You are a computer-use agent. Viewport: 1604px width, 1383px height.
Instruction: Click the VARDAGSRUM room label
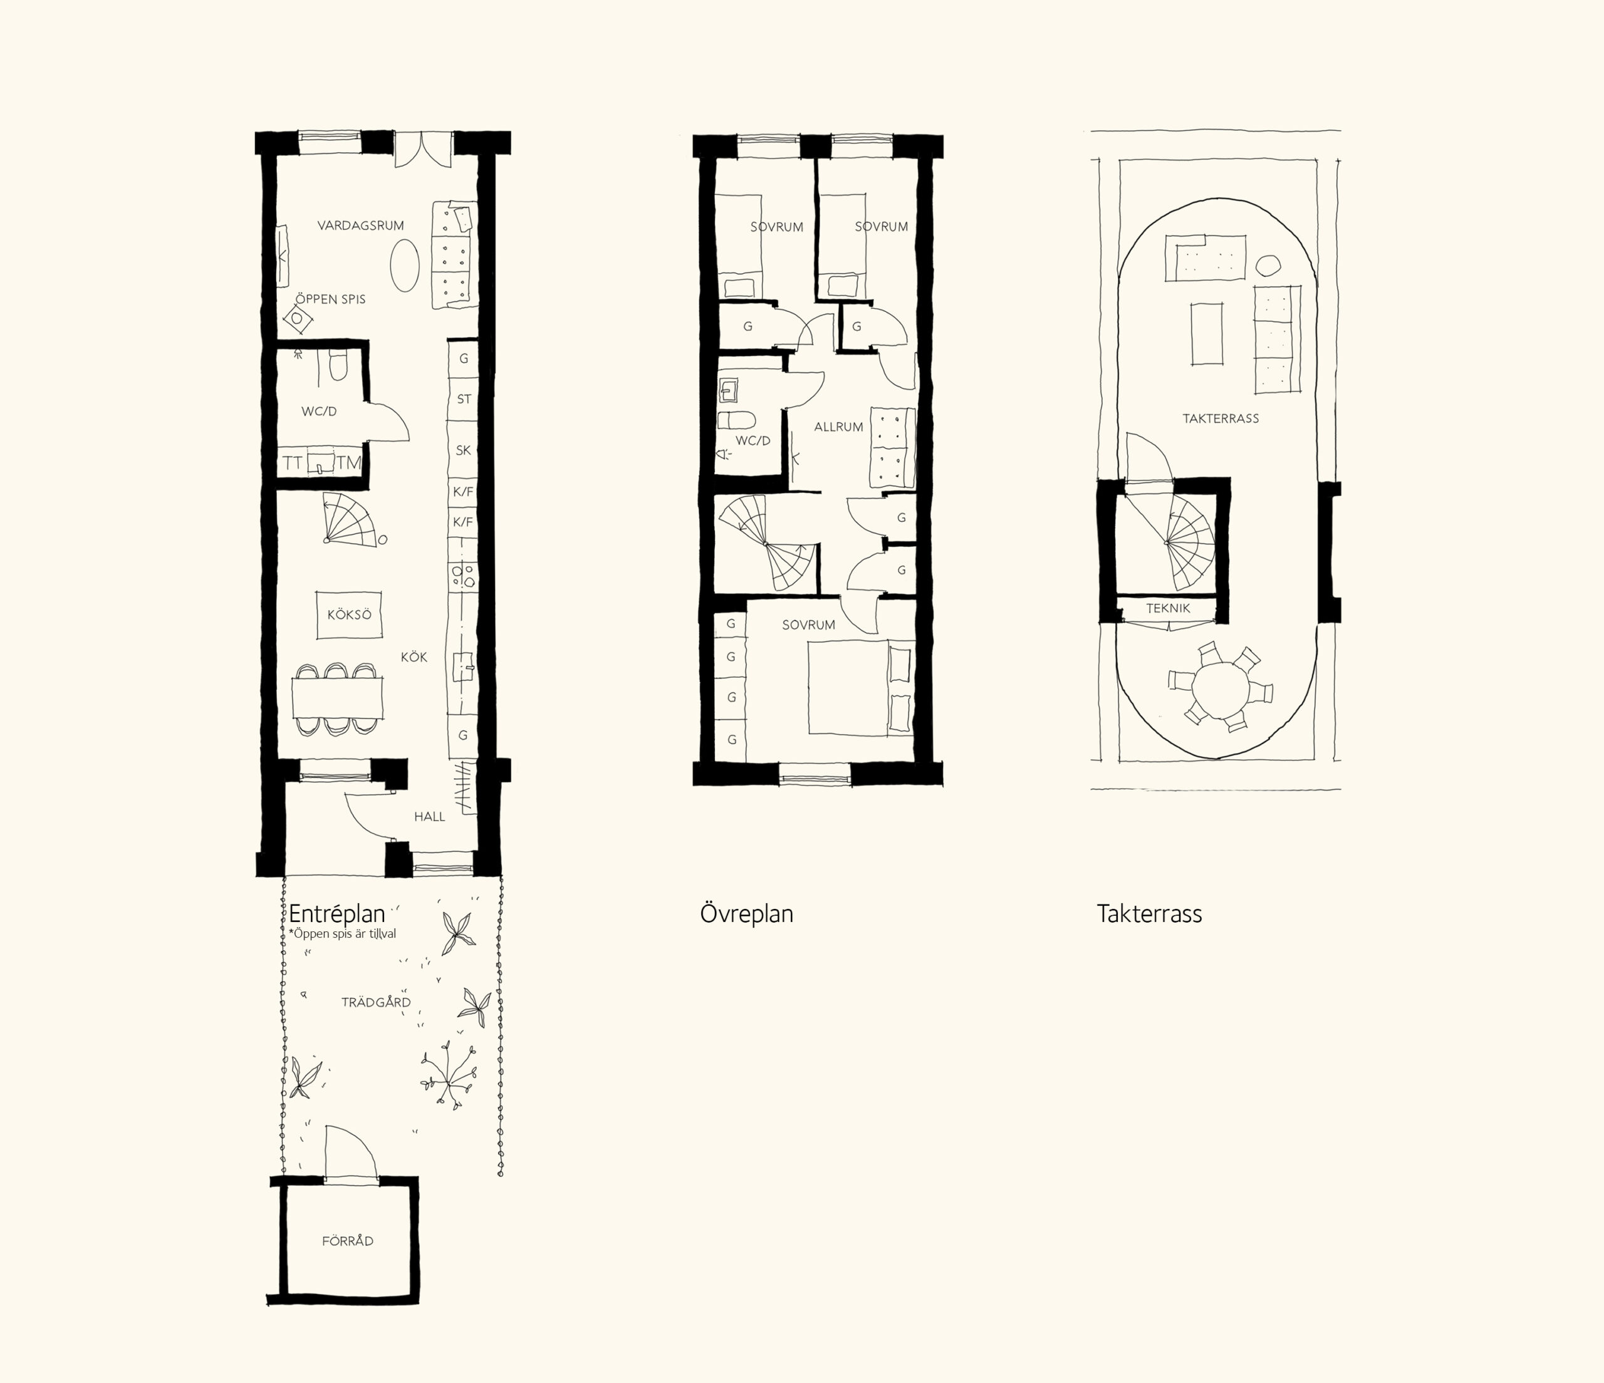pyautogui.click(x=361, y=226)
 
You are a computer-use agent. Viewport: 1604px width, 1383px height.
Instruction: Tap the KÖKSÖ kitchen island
pyautogui.click(x=349, y=615)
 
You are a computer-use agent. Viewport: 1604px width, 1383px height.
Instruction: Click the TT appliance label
pyautogui.click(x=292, y=464)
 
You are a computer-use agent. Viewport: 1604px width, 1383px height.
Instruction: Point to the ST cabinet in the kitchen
pyautogui.click(x=464, y=400)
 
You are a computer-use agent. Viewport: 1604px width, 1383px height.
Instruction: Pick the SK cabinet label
pyautogui.click(x=463, y=450)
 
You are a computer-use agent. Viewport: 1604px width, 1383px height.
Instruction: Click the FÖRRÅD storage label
pyautogui.click(x=348, y=1241)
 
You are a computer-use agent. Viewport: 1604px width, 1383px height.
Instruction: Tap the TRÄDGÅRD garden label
pyautogui.click(x=376, y=1002)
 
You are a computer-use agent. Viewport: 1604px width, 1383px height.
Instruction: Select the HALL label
pyautogui.click(x=430, y=817)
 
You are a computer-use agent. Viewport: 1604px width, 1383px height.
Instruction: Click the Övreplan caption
pyautogui.click(x=746, y=913)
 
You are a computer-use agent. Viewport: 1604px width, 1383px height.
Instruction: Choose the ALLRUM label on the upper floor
pyautogui.click(x=838, y=427)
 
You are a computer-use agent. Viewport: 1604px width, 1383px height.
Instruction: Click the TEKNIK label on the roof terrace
pyautogui.click(x=1168, y=608)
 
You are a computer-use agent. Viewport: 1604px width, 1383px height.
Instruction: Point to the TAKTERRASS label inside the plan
pyautogui.click(x=1221, y=418)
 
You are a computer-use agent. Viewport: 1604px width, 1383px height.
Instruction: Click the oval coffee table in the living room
pyautogui.click(x=404, y=265)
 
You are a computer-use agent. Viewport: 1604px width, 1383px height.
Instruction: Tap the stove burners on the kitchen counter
pyautogui.click(x=463, y=574)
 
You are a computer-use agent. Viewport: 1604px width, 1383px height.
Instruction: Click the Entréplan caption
pyautogui.click(x=336, y=913)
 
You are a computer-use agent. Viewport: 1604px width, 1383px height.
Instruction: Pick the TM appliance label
pyautogui.click(x=348, y=464)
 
